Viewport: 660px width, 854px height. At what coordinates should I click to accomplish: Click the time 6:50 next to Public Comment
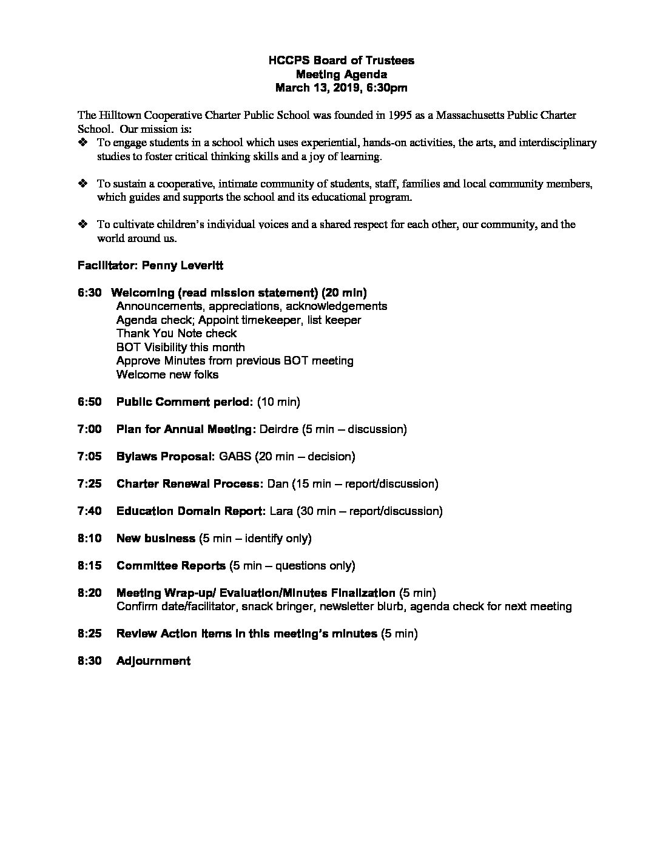coord(89,402)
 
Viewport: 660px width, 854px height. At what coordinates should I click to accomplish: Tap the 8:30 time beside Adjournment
coord(89,661)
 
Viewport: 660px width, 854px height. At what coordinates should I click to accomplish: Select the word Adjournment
coord(153,661)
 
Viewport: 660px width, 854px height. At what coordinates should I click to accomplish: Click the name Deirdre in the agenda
coord(278,429)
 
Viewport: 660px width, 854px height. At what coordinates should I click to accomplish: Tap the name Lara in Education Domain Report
coord(281,511)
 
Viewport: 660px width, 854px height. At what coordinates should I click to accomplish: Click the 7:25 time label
coord(89,484)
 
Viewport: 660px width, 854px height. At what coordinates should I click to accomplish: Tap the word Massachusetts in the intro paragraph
coord(471,115)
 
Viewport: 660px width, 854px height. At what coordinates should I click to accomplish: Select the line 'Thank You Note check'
coord(176,334)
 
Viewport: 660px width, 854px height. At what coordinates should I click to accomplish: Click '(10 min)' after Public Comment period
coord(278,402)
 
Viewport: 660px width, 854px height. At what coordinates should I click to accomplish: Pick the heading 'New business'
coord(155,539)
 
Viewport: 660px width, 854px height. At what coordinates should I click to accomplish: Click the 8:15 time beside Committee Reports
coord(89,566)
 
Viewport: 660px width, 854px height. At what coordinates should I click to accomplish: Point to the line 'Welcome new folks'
coord(167,375)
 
